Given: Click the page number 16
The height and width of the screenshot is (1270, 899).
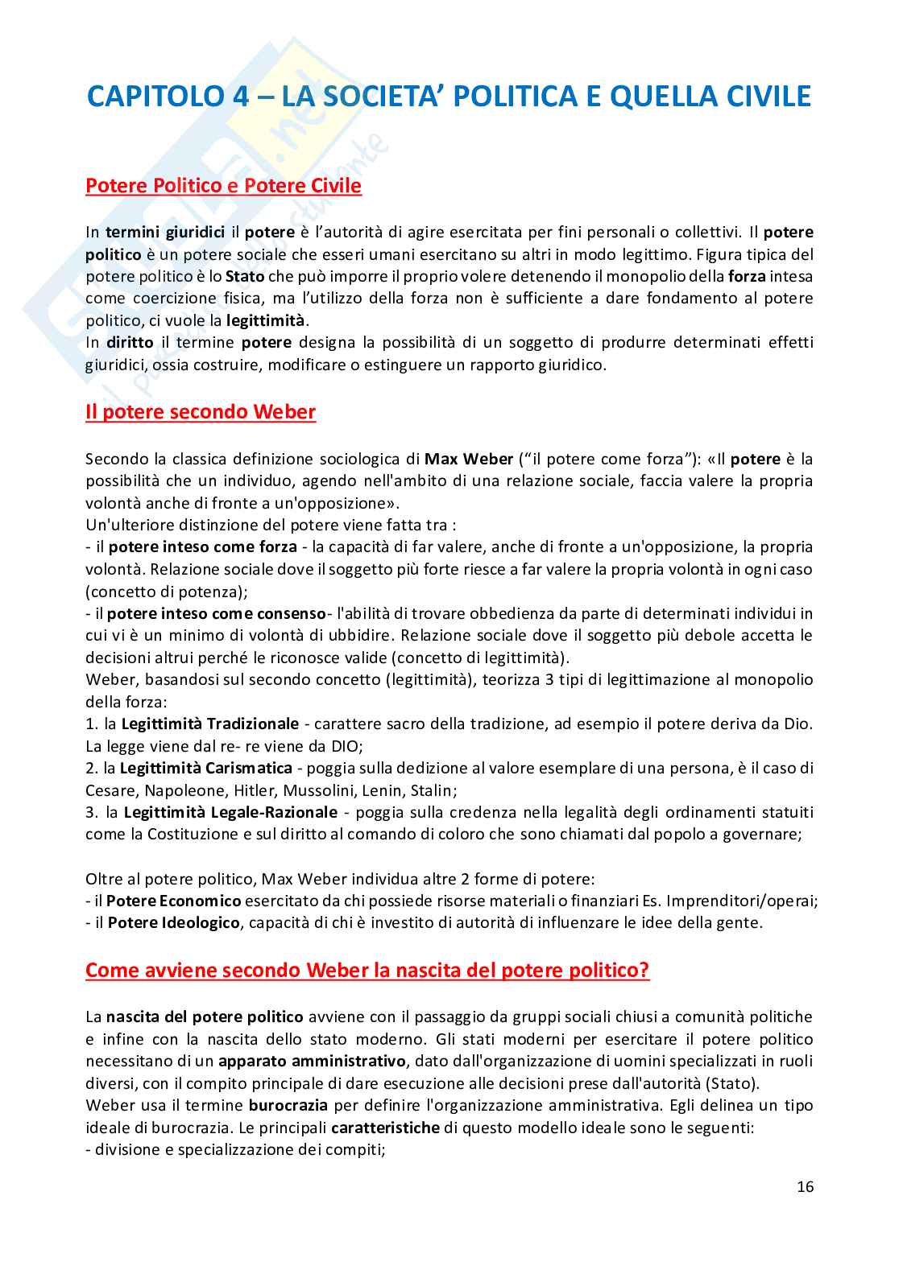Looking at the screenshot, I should click(805, 1186).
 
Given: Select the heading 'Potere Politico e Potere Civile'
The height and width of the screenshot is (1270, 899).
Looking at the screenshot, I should click(223, 187).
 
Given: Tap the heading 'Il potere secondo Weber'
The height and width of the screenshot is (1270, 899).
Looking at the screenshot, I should click(201, 413).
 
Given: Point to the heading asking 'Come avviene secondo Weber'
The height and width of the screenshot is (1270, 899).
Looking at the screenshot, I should click(367, 970).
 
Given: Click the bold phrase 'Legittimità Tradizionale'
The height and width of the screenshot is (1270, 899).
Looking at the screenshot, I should click(209, 724).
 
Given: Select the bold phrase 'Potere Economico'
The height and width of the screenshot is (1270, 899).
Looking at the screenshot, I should click(174, 901).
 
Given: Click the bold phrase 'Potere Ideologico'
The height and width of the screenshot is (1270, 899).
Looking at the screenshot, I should click(173, 922).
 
